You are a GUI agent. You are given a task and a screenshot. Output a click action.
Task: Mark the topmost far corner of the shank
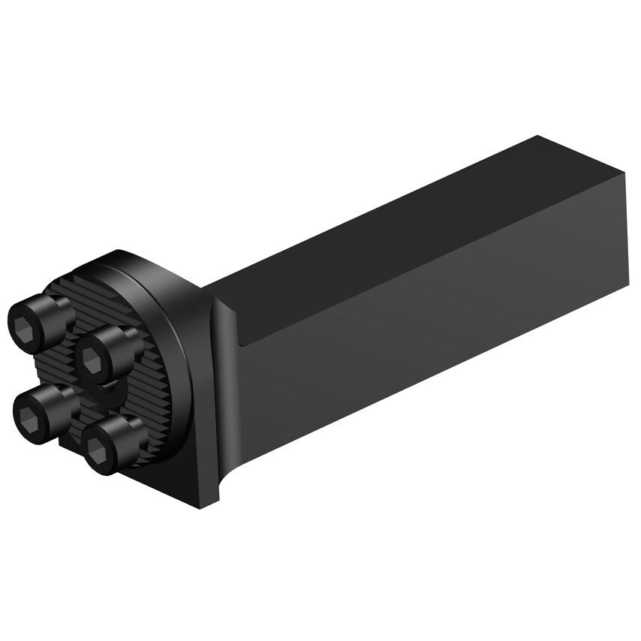point(538,137)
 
